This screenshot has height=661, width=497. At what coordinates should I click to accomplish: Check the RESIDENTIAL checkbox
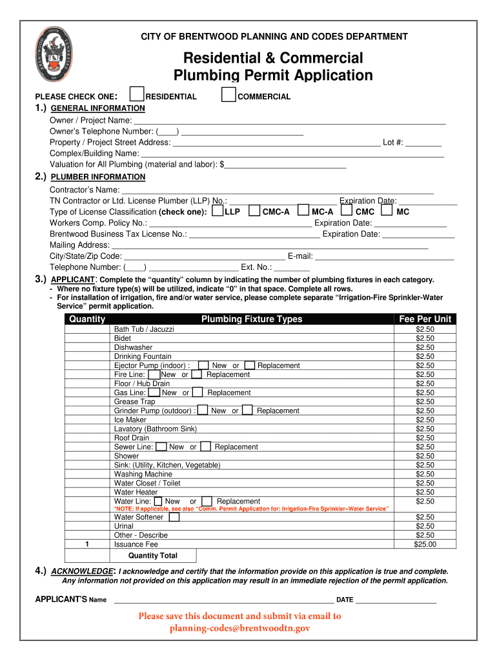point(137,95)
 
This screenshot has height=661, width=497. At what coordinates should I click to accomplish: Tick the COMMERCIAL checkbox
point(228,95)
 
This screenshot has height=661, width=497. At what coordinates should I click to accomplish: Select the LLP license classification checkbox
point(218,210)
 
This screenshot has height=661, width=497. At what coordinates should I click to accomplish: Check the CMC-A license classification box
point(255,210)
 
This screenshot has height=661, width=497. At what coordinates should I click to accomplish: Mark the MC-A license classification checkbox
point(304,210)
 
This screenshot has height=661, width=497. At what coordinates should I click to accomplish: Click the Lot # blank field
point(423,142)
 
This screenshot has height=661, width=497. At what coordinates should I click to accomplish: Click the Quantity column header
point(87,319)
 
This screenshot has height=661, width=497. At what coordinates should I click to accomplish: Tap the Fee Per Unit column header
point(425,319)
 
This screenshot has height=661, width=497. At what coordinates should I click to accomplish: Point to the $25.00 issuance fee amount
point(425,544)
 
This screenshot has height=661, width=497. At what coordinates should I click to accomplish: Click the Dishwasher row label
point(133,347)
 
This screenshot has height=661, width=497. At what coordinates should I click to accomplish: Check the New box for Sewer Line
point(161,447)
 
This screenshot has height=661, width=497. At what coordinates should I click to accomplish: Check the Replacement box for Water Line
point(207,502)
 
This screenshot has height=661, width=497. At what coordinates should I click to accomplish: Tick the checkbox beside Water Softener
point(174,517)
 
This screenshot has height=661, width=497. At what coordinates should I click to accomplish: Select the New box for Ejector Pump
point(203,365)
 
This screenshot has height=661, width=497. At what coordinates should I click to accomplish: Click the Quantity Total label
point(153,556)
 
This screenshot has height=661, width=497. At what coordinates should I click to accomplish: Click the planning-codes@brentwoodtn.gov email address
point(239,628)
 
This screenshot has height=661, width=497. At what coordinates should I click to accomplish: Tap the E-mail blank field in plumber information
point(385,256)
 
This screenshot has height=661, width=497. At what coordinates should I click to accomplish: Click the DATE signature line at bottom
point(396,600)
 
